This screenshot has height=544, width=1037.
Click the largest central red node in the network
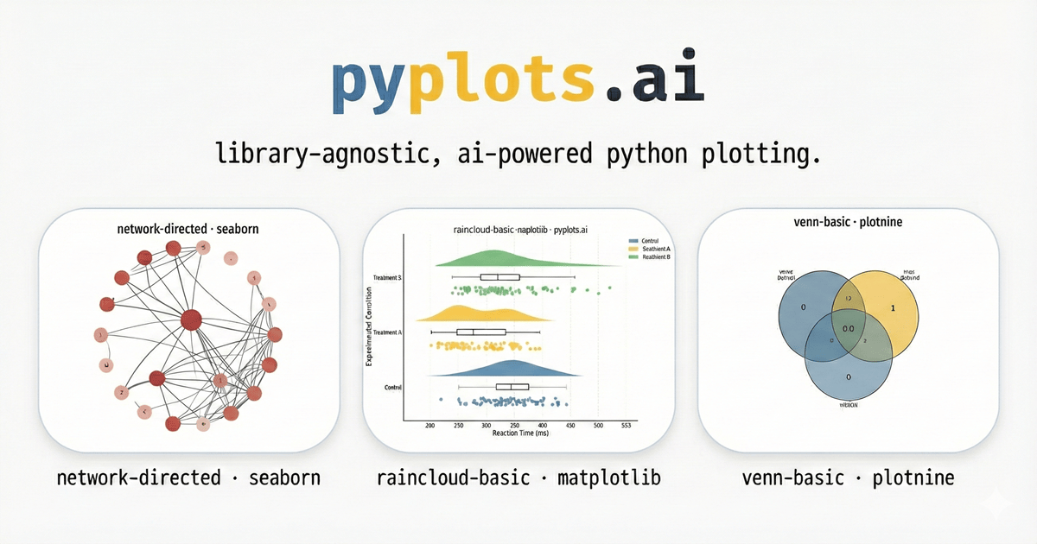pyautogui.click(x=191, y=320)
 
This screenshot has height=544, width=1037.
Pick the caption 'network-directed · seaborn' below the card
pyautogui.click(x=188, y=478)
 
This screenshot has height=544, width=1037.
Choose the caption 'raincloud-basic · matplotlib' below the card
pyautogui.click(x=518, y=478)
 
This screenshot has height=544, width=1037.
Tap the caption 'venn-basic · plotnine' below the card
pyautogui.click(x=849, y=478)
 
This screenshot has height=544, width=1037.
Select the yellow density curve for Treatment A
pyautogui.click(x=471, y=313)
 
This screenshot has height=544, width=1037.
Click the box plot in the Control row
pyautogui.click(x=512, y=387)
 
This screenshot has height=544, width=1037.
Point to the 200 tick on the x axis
pyautogui.click(x=430, y=426)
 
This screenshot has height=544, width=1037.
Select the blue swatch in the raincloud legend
pyautogui.click(x=633, y=241)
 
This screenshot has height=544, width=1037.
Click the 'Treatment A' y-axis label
pyautogui.click(x=388, y=332)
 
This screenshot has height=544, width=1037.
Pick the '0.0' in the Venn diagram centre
pyautogui.click(x=849, y=328)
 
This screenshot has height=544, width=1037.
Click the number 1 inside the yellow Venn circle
pyautogui.click(x=893, y=307)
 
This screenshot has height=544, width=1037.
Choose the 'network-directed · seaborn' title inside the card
pyautogui.click(x=188, y=229)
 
